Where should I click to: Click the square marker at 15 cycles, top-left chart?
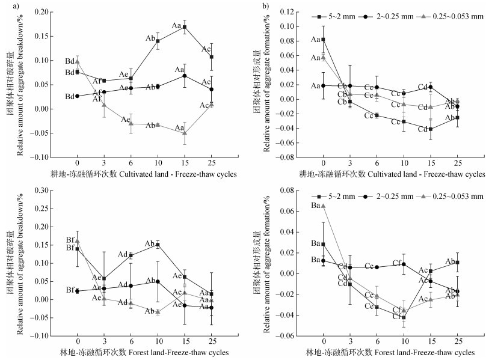tap(185, 27)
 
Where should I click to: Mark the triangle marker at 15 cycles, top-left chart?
tap(185, 133)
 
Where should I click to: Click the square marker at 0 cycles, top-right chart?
tap(323, 39)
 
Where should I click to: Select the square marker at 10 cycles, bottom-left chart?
tap(158, 245)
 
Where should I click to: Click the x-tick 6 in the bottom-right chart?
tap(377, 341)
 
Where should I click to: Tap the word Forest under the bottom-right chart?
tap(387, 352)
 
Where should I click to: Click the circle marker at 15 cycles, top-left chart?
tap(185, 76)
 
